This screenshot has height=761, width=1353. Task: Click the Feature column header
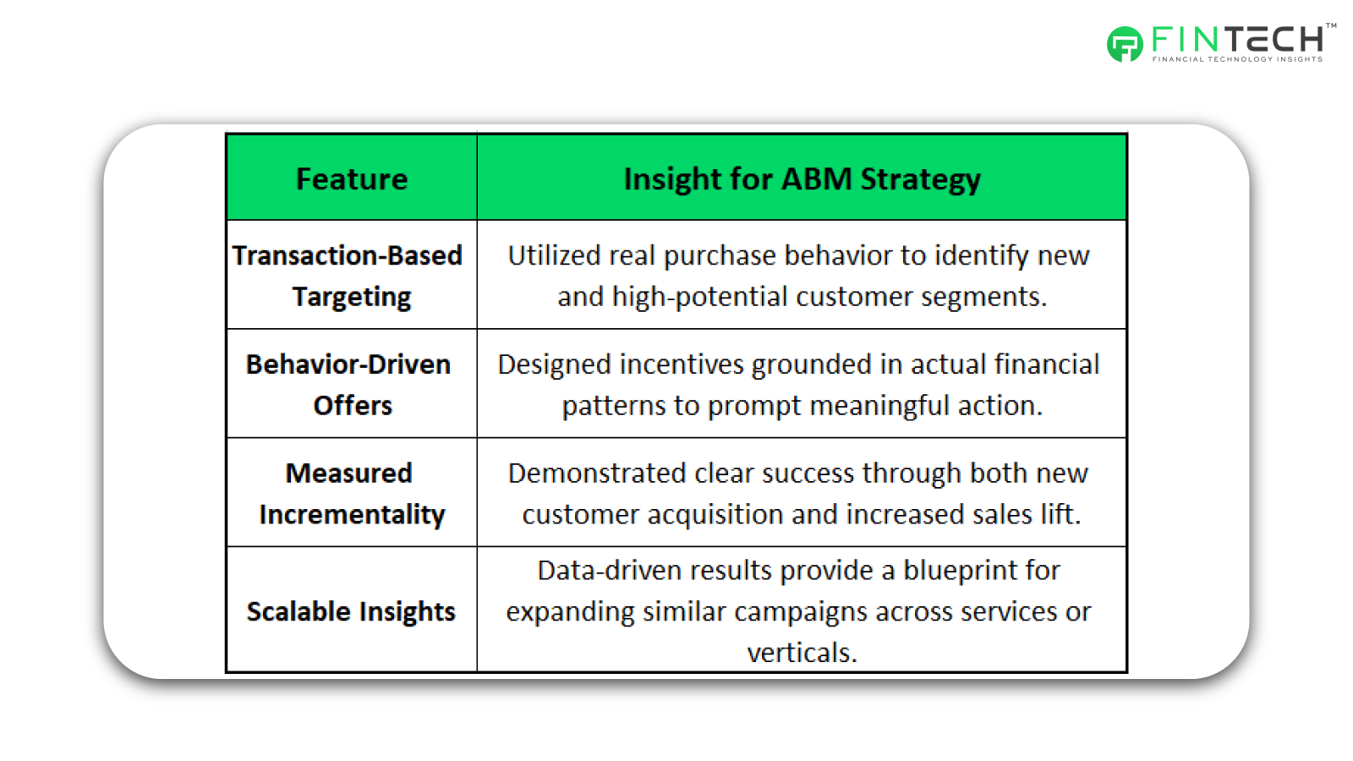(352, 178)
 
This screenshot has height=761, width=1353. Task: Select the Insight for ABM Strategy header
(802, 179)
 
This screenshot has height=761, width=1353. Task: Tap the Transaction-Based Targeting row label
(348, 276)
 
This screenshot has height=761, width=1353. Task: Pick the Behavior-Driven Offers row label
(348, 385)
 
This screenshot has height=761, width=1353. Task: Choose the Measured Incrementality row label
(352, 494)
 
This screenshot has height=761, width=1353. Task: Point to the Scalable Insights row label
(351, 611)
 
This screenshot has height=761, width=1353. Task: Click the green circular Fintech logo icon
(1125, 43)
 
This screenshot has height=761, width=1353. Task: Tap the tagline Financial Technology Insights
(1238, 59)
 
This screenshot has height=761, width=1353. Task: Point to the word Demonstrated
(597, 473)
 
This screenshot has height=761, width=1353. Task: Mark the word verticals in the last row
(802, 653)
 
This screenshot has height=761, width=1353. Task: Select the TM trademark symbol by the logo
(1331, 26)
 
